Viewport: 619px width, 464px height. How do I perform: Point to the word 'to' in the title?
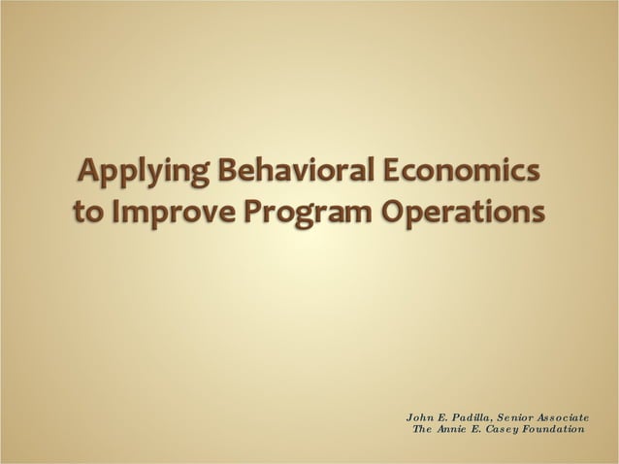(x=89, y=211)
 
